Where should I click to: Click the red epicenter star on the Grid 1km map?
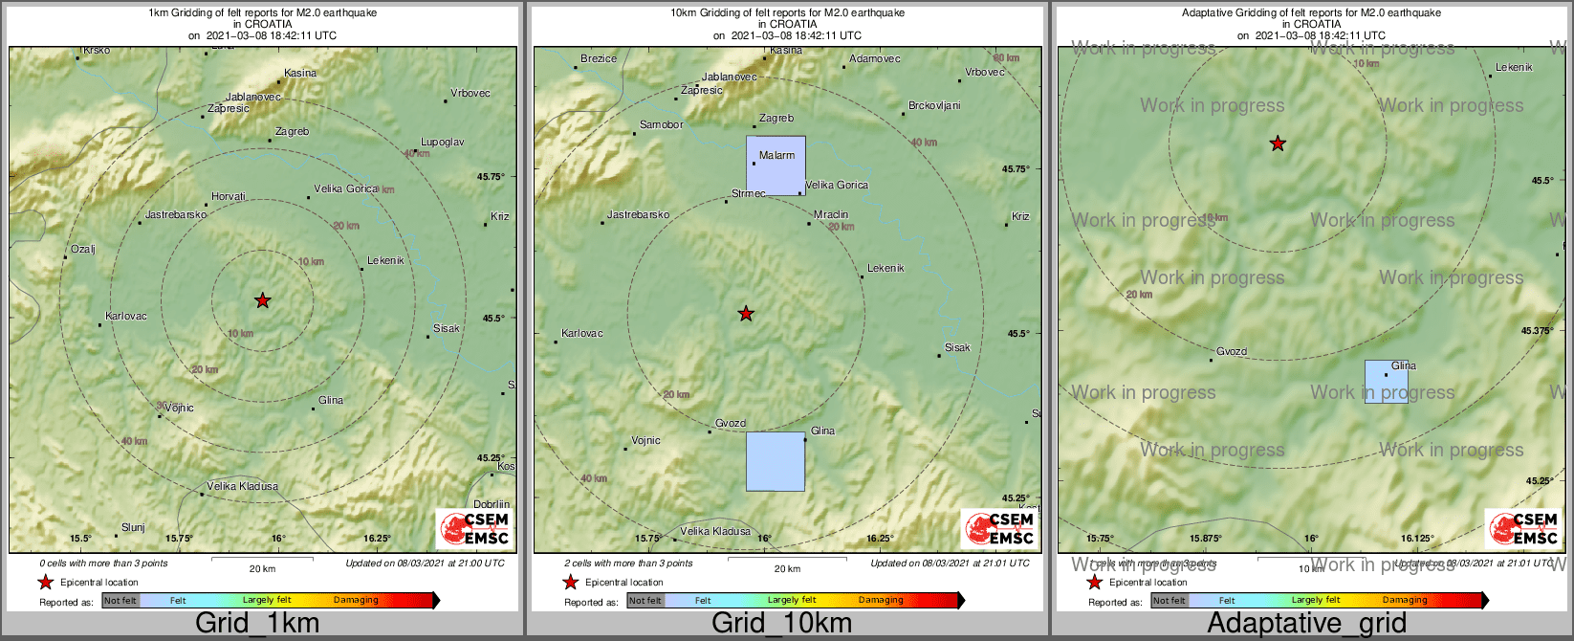click(x=263, y=300)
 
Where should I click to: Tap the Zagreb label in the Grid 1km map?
click(x=292, y=131)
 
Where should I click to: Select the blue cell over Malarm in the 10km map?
click(x=776, y=166)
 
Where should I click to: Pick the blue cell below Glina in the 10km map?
click(x=775, y=461)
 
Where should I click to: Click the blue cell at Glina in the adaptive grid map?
click(x=1386, y=382)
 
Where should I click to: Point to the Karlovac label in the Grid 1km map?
click(x=126, y=316)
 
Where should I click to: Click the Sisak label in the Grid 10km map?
click(x=957, y=347)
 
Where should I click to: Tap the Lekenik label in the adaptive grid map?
click(x=1514, y=67)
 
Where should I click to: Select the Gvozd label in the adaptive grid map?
click(x=1232, y=351)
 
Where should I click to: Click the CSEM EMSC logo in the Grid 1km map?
click(x=474, y=528)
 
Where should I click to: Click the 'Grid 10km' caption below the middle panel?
click(x=781, y=624)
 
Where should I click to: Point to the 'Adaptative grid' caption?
click(x=1306, y=624)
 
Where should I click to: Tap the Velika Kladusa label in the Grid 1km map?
click(x=243, y=486)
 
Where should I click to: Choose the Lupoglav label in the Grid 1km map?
click(x=443, y=142)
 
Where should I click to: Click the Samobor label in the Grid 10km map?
click(x=661, y=124)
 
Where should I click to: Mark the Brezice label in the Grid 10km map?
click(x=599, y=58)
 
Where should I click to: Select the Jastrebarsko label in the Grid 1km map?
click(x=176, y=215)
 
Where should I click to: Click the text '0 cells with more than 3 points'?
click(x=103, y=564)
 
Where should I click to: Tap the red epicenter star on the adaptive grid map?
click(x=1278, y=144)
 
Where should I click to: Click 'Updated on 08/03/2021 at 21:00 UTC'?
click(x=425, y=564)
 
